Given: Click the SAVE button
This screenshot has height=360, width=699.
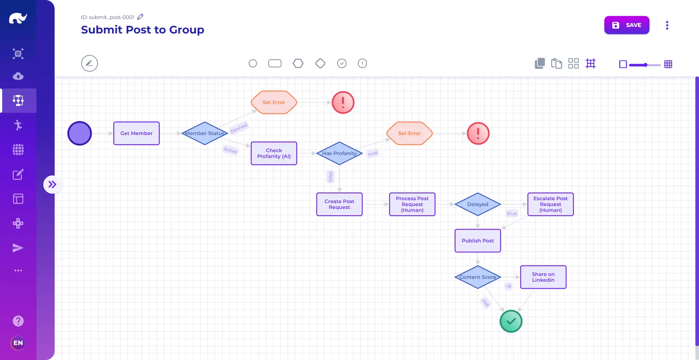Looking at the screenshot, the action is (627, 25).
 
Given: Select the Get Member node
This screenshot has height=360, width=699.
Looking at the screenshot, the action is (137, 133).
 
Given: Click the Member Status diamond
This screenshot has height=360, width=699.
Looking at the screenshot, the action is (205, 133).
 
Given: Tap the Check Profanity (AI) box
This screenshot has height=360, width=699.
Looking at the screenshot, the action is (274, 153).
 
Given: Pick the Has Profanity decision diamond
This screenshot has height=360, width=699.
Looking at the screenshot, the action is (339, 153).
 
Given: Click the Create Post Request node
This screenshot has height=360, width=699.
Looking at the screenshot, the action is (339, 204).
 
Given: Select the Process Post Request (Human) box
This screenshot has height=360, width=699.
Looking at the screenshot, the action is (412, 204).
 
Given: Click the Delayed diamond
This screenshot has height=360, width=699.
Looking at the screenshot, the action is (478, 204).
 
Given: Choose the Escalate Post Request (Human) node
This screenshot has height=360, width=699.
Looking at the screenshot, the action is (550, 204).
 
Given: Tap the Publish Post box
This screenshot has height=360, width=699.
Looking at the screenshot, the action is (478, 241).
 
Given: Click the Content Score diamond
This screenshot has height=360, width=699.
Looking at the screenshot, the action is (478, 277).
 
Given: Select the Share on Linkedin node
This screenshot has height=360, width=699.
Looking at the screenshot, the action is (543, 277).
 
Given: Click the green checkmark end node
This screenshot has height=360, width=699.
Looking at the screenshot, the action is (511, 321).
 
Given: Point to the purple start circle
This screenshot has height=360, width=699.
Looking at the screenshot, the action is (79, 133).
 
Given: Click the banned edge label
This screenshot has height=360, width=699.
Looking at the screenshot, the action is (239, 128).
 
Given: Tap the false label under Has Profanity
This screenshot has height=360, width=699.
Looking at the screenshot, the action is (330, 177).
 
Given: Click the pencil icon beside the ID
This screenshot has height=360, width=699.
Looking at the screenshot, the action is (140, 17).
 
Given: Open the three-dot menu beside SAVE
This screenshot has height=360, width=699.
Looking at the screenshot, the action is (667, 25).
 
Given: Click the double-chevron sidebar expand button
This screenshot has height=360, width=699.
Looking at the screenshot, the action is (52, 185).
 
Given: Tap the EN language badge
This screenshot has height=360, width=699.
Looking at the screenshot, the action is (18, 343).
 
